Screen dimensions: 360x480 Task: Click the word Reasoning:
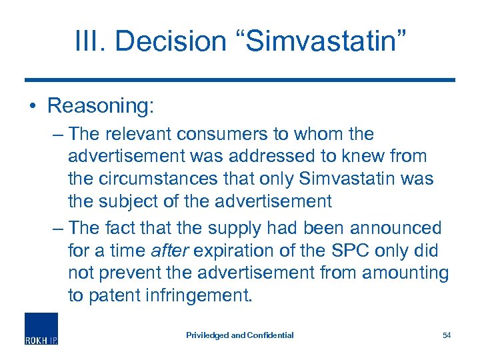coord(101,106)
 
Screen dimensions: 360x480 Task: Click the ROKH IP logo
coord(41,329)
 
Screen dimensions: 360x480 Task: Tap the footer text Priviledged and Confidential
coord(239,335)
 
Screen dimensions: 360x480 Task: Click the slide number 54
coord(446,335)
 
